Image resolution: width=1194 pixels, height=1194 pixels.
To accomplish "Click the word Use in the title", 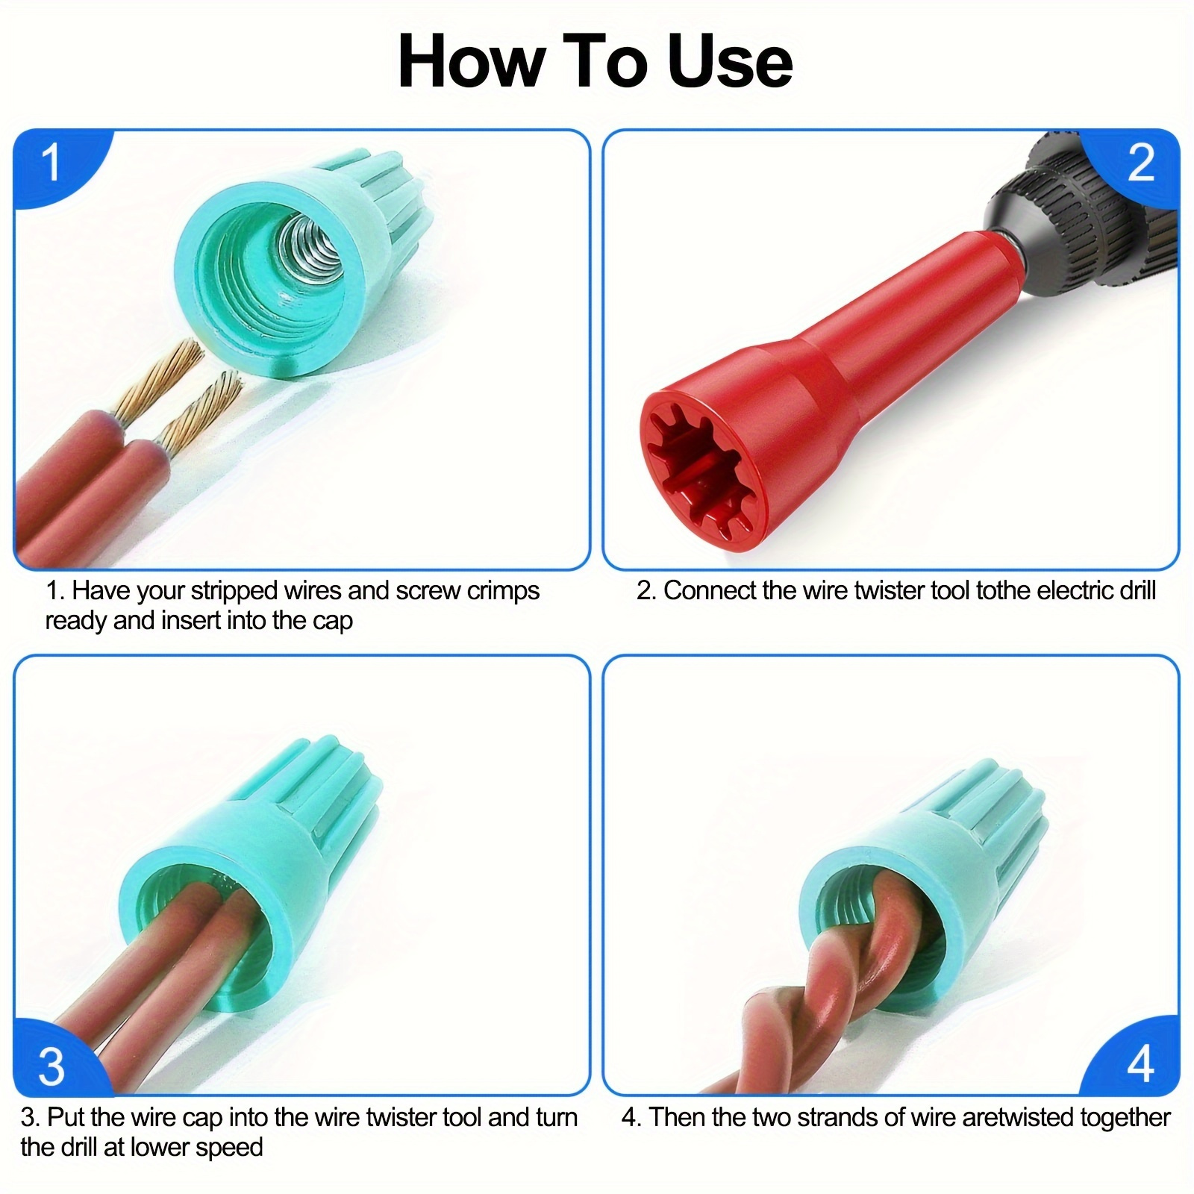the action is (730, 62).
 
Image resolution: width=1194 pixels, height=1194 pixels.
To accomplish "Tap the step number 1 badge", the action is (52, 161).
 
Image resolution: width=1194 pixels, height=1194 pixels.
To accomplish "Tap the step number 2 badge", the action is (1140, 161).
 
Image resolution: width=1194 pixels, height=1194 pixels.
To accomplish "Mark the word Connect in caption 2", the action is (710, 590).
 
